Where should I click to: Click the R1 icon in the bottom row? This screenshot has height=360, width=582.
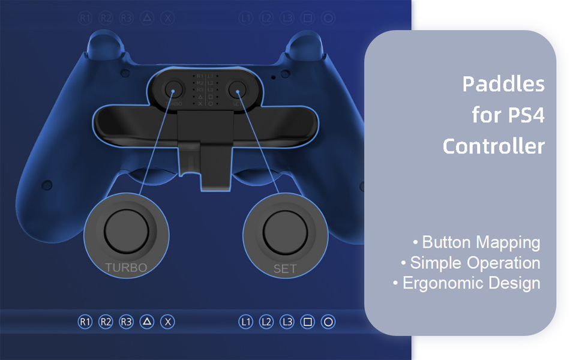pos(85,322)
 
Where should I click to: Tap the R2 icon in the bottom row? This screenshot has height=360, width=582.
pos(106,322)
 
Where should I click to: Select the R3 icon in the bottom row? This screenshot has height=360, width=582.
pos(126,322)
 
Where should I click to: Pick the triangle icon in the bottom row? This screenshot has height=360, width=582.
pos(147,322)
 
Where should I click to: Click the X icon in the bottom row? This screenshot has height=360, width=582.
pos(168,322)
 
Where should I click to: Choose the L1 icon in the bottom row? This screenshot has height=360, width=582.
pos(245,322)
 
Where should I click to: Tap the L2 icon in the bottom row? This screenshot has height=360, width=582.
pos(266,322)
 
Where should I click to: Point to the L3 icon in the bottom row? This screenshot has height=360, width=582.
pos(287,322)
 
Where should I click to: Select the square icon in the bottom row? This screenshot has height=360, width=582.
pos(308,322)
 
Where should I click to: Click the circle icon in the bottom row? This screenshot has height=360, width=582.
pos(328,322)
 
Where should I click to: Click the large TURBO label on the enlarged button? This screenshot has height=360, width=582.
pos(126,268)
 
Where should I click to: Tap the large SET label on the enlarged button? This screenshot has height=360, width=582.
pos(285,269)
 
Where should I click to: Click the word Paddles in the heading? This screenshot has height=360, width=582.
pos(503,85)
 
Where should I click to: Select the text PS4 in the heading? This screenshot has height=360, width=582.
pos(525,115)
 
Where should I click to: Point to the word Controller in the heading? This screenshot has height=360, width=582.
pos(494,146)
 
